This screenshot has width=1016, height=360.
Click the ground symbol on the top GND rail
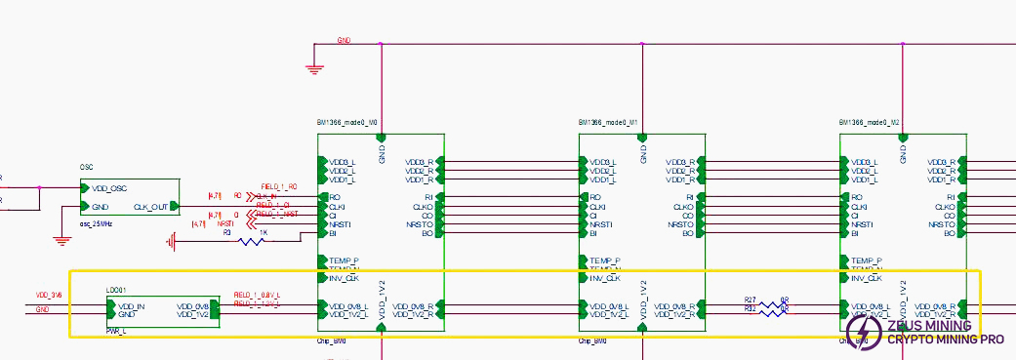(x=313, y=67)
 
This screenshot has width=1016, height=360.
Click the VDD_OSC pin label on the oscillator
(x=109, y=188)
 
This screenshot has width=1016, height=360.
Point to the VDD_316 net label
(x=49, y=295)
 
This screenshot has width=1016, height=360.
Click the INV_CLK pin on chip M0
(x=344, y=278)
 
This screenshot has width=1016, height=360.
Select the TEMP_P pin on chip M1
(x=605, y=260)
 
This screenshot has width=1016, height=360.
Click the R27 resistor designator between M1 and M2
(x=750, y=300)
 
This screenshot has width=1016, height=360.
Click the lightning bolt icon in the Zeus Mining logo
(x=864, y=333)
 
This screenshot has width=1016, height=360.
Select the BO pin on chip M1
(x=687, y=233)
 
